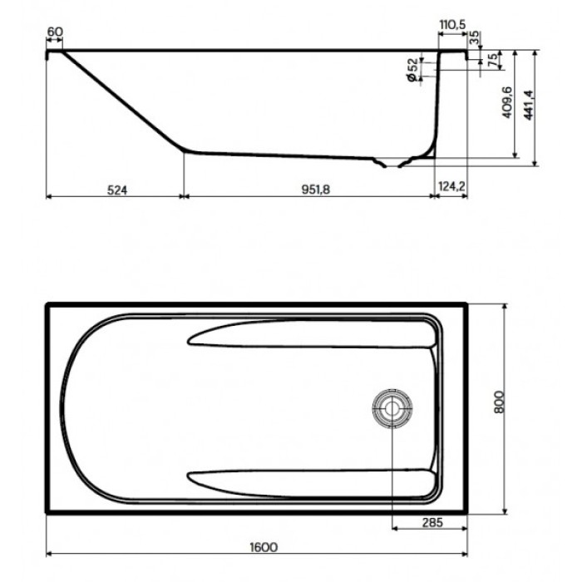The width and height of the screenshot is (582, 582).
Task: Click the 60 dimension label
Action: pyautogui.click(x=55, y=32)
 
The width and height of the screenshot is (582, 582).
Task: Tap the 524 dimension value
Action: pyautogui.click(x=116, y=190)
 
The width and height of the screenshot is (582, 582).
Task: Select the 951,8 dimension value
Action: pyautogui.click(x=315, y=190)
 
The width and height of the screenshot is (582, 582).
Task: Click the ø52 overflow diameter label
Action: pyautogui.click(x=413, y=69)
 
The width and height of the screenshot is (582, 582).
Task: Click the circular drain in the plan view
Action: pyautogui.click(x=390, y=407)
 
